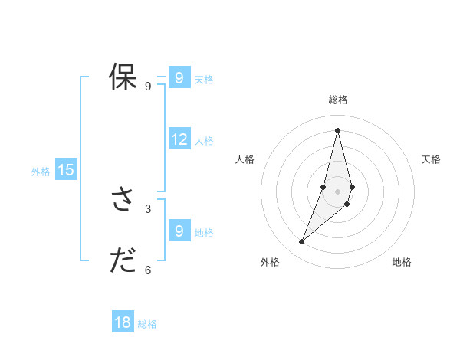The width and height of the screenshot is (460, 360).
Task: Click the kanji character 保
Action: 123,78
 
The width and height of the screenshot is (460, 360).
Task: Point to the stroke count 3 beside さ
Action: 148,208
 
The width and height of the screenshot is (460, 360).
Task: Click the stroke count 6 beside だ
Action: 148,270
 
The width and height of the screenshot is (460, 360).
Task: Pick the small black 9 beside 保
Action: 148,87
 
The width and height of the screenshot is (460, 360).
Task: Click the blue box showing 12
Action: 179,139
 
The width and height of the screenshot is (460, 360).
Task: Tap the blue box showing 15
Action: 66,170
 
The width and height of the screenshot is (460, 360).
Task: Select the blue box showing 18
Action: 123,322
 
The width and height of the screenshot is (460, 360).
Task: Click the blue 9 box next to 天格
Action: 179,78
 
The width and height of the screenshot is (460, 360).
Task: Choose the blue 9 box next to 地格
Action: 179,231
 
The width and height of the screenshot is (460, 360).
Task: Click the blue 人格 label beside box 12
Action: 204,141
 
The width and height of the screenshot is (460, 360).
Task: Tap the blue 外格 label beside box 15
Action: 41,172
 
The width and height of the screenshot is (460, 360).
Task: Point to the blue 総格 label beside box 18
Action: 147,324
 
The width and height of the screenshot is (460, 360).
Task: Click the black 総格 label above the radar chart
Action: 338,100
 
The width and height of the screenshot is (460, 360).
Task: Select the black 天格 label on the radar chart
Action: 432,159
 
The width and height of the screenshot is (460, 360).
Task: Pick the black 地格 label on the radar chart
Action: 402,262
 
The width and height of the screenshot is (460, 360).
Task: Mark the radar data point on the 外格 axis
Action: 302,241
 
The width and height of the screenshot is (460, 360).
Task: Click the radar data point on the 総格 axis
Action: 338,130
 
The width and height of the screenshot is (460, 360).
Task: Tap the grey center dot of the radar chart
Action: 338,191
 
